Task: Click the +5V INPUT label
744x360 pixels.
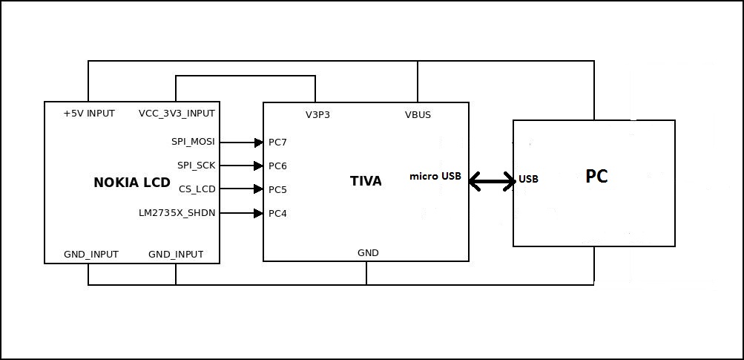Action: click(89, 114)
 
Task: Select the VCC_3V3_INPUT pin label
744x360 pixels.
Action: click(177, 114)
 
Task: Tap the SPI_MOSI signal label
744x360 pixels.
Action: click(193, 141)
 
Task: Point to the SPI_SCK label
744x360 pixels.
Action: click(196, 166)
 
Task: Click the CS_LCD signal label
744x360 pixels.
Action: click(197, 189)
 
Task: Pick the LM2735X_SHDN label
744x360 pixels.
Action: click(177, 214)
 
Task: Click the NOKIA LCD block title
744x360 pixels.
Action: click(132, 183)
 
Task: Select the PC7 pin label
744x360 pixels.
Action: click(277, 142)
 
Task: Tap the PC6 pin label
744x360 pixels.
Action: click(277, 166)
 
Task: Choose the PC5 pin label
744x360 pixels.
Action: click(277, 189)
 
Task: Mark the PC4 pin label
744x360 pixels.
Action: click(277, 214)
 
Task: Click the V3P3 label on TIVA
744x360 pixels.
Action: click(317, 115)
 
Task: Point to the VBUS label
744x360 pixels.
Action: click(418, 115)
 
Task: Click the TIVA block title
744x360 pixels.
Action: click(366, 180)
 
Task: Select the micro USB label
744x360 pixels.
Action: click(435, 177)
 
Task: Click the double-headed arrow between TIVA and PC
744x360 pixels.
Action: click(492, 180)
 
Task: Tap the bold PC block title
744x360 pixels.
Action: click(596, 177)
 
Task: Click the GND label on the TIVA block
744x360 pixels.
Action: click(368, 252)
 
